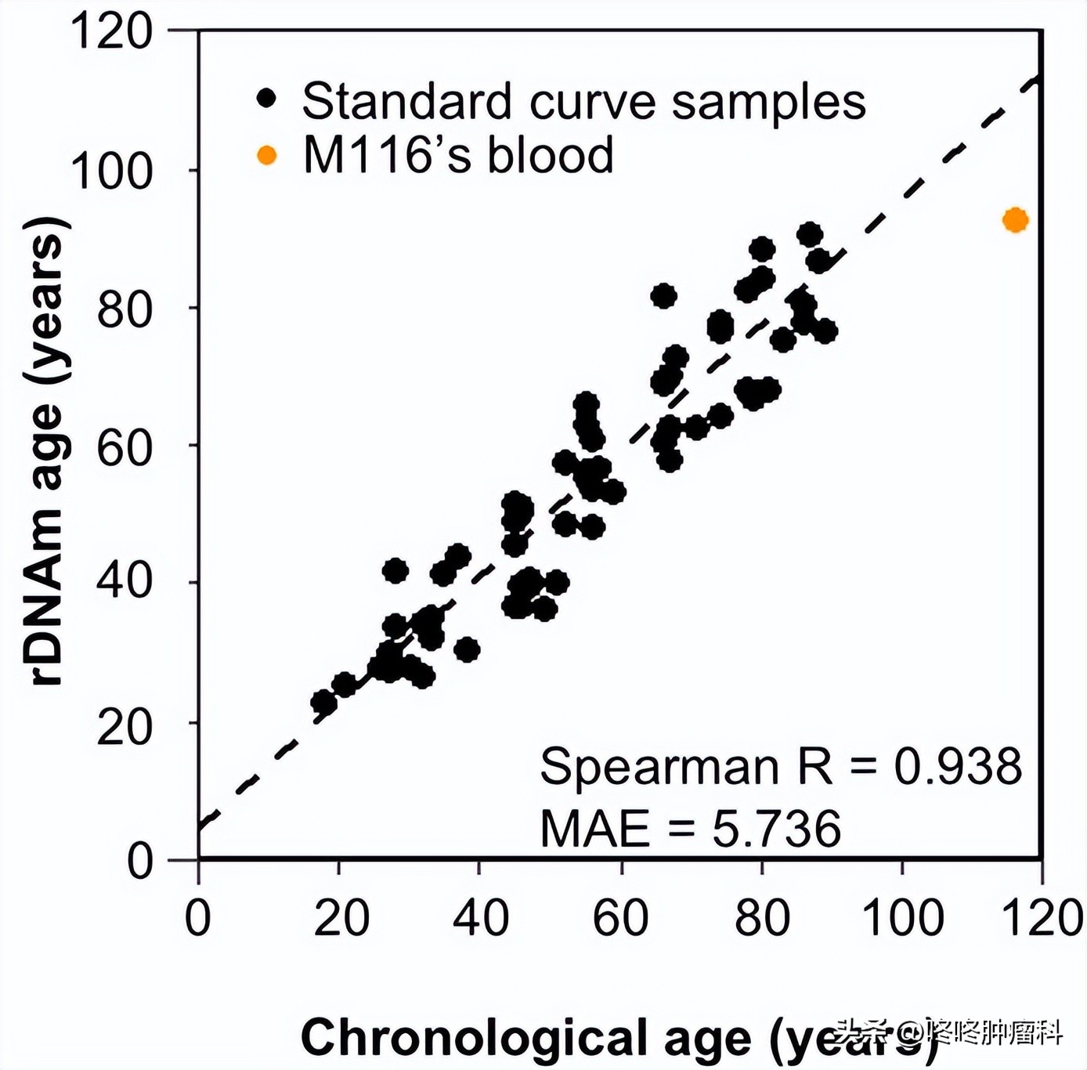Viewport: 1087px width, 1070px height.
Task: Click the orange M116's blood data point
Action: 1015,220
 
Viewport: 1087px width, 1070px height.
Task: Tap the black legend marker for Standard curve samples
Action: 267,99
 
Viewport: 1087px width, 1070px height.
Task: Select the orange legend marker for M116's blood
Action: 267,155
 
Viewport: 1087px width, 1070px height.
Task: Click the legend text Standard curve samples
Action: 583,101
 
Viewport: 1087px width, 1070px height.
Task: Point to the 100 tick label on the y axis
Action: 111,171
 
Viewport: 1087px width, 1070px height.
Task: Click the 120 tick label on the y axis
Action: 111,32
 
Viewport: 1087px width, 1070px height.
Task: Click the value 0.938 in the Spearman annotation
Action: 958,766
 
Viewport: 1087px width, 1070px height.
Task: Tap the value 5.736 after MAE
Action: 776,829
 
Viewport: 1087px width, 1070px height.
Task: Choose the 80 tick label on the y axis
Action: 124,309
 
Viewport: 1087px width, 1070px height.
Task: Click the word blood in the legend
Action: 551,155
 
